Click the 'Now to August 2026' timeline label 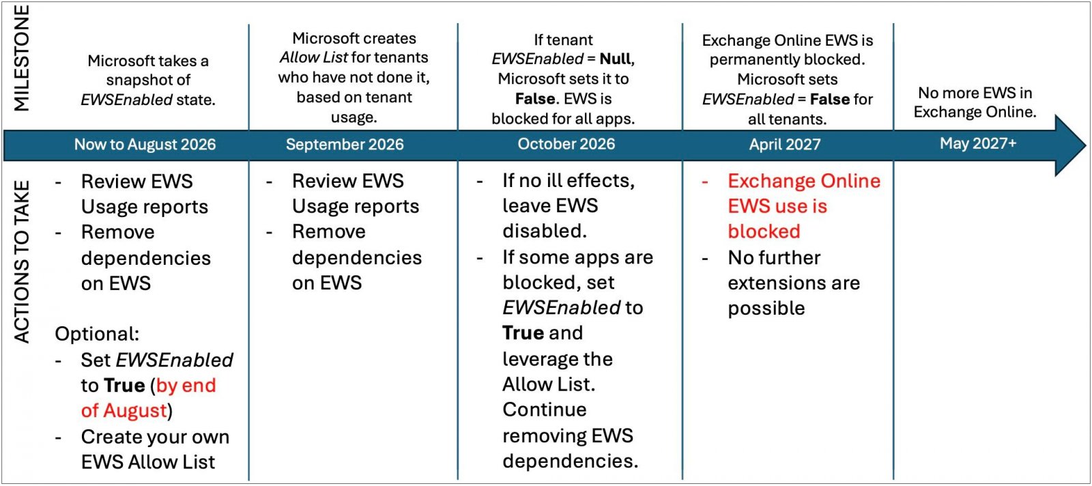(145, 144)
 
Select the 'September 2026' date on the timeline (345, 144)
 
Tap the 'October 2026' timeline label (566, 144)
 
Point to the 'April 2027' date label (785, 144)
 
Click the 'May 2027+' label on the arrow (978, 143)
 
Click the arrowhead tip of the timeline (1086, 145)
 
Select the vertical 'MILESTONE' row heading (21, 59)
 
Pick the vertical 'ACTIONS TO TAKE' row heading (21, 262)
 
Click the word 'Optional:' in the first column (97, 334)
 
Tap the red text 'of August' (124, 410)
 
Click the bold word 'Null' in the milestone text (616, 59)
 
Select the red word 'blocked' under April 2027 (764, 231)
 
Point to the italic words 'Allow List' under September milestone (314, 57)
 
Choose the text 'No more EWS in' (975, 93)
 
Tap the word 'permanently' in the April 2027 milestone (755, 60)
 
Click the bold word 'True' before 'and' (523, 333)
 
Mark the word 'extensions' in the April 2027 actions (768, 283)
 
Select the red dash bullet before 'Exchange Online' (705, 182)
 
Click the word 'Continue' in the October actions (545, 410)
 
